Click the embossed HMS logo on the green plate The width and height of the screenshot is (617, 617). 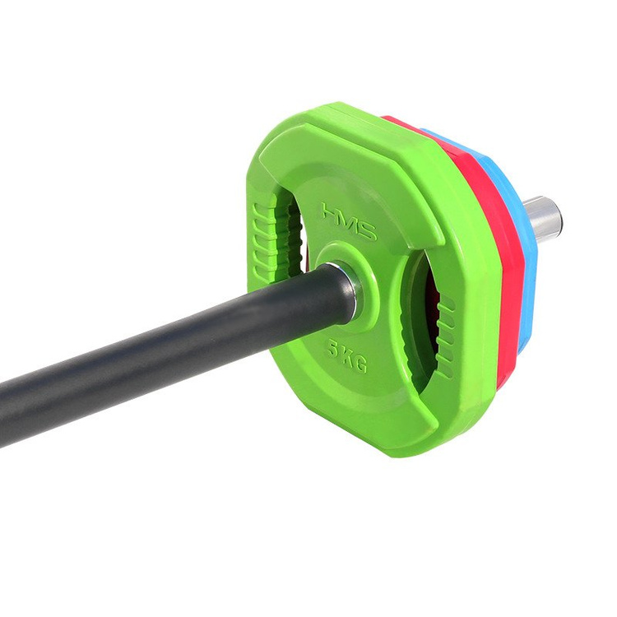(x=349, y=221)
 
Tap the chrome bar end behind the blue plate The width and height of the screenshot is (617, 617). (x=544, y=217)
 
